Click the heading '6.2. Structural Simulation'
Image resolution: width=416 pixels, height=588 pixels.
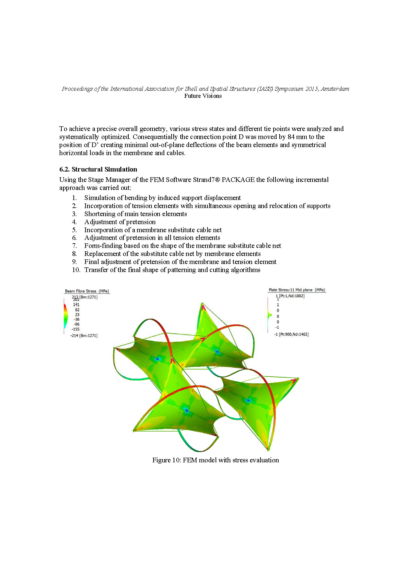pyautogui.click(x=98, y=169)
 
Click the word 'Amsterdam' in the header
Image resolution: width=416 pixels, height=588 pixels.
pyautogui.click(x=335, y=89)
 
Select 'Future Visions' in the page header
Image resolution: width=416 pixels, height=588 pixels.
pyautogui.click(x=203, y=96)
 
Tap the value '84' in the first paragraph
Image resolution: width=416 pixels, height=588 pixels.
pyautogui.click(x=291, y=137)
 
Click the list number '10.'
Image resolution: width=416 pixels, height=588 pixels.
pyautogui.click(x=76, y=270)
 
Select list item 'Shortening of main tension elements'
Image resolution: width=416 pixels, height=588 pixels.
pyautogui.click(x=135, y=214)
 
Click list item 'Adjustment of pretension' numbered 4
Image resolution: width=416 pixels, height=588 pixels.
pyautogui.click(x=120, y=222)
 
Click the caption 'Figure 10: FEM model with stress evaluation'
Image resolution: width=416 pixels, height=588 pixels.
pyautogui.click(x=216, y=460)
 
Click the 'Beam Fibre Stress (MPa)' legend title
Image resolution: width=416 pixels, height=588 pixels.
pyautogui.click(x=87, y=291)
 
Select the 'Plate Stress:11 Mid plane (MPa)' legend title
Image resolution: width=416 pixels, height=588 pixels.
pyautogui.click(x=297, y=290)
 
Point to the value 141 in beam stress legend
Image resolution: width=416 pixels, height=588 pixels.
pyautogui.click(x=76, y=305)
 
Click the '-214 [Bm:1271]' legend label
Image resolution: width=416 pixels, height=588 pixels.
pyautogui.click(x=84, y=335)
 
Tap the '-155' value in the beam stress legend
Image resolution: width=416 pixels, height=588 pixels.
pyautogui.click(x=76, y=329)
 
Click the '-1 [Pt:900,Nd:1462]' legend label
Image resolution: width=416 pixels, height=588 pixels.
pyautogui.click(x=291, y=334)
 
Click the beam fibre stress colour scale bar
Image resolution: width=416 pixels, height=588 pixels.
pyautogui.click(x=65, y=317)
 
